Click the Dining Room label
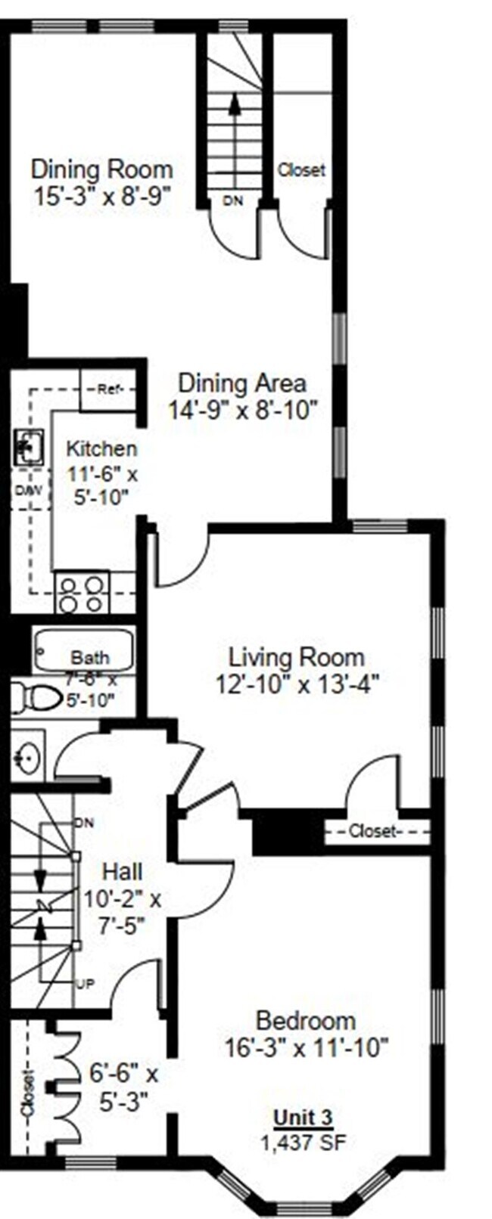click(x=101, y=168)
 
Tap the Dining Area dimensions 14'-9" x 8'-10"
click(x=241, y=410)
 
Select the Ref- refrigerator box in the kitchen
click(x=107, y=390)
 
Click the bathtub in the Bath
click(x=83, y=650)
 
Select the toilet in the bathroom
click(x=35, y=696)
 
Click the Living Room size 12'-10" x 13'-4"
click(x=296, y=684)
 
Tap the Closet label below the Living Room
click(x=373, y=832)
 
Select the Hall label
click(x=122, y=872)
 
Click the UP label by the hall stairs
click(x=85, y=985)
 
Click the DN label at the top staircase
click(x=232, y=201)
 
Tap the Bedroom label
click(x=305, y=1020)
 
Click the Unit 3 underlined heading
click(x=303, y=1117)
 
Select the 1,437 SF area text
click(x=303, y=1142)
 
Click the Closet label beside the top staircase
click(x=300, y=170)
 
